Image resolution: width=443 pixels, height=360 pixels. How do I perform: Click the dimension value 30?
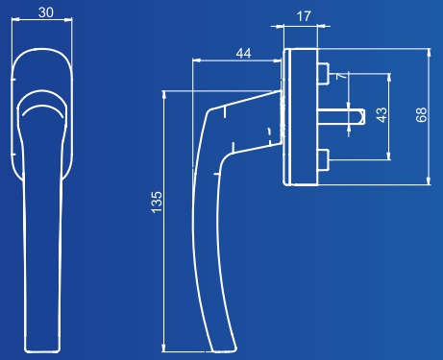(46, 12)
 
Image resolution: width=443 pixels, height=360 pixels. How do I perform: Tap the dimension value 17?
(304, 16)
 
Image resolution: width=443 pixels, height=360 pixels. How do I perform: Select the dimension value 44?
(243, 53)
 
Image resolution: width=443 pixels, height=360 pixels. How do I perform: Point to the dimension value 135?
(157, 203)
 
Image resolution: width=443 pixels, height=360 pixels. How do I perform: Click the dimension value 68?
(422, 114)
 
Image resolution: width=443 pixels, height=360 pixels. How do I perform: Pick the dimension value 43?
(381, 115)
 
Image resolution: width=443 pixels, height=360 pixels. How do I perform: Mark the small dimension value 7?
(341, 76)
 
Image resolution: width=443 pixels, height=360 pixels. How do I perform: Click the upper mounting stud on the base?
(323, 74)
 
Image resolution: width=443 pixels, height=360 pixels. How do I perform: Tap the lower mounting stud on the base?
(323, 159)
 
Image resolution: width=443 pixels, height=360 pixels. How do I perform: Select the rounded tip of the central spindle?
(362, 116)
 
